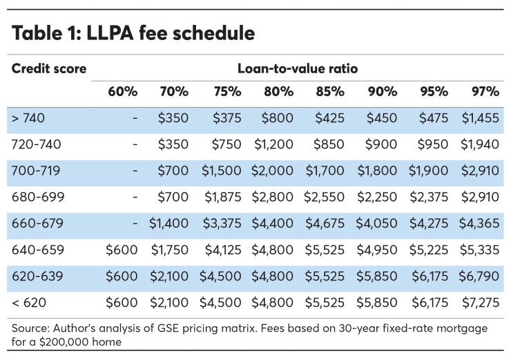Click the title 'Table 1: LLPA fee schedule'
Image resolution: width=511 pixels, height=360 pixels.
coord(133,33)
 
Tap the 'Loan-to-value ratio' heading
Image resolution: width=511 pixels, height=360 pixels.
coord(297,69)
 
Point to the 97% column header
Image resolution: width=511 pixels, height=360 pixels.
coord(485,92)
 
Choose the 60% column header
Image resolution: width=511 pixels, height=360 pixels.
coord(123,92)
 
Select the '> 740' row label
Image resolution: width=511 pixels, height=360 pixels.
coord(28,118)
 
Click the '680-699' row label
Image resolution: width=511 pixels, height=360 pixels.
coord(38,197)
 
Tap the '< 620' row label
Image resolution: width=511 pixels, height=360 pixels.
coord(28,302)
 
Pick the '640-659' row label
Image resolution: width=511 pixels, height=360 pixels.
coord(38,249)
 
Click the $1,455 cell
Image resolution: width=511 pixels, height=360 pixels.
coord(480,118)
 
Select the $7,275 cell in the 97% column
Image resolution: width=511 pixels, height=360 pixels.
coord(480,302)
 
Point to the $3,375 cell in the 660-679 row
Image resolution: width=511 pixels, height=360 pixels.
coord(220,223)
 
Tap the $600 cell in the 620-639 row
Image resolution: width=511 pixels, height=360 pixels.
coord(122,276)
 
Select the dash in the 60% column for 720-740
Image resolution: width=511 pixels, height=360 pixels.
coord(135,144)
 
